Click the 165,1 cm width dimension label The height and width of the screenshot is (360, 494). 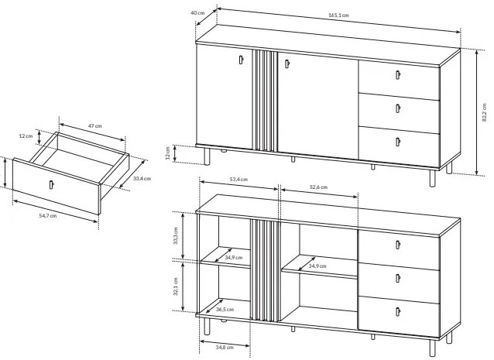click(338, 15)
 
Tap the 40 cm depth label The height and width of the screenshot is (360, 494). click(197, 12)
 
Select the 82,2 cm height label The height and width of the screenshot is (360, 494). click(484, 112)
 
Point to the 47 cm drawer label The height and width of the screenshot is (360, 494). click(94, 126)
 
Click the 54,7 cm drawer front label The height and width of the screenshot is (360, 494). click(48, 216)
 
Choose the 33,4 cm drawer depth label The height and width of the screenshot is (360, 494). click(142, 179)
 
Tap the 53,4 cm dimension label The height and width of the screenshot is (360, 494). click(238, 180)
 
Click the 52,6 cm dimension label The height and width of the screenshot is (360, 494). click(318, 187)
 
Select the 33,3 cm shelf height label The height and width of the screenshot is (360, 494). click(176, 235)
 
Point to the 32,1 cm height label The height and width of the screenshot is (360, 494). click(176, 286)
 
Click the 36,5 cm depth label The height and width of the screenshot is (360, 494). click(225, 310)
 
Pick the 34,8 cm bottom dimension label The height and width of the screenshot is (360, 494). click(225, 347)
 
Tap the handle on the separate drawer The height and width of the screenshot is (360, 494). click(51, 185)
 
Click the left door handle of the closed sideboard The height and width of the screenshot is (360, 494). click(242, 60)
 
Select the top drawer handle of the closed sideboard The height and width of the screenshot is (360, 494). click(398, 75)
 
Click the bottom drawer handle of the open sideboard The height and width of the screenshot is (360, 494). click(398, 311)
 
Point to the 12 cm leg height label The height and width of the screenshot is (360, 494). click(167, 153)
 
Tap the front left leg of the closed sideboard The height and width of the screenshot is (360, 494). click(207, 156)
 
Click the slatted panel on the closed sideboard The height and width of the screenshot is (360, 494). click(265, 101)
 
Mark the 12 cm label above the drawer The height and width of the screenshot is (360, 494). click(26, 136)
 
